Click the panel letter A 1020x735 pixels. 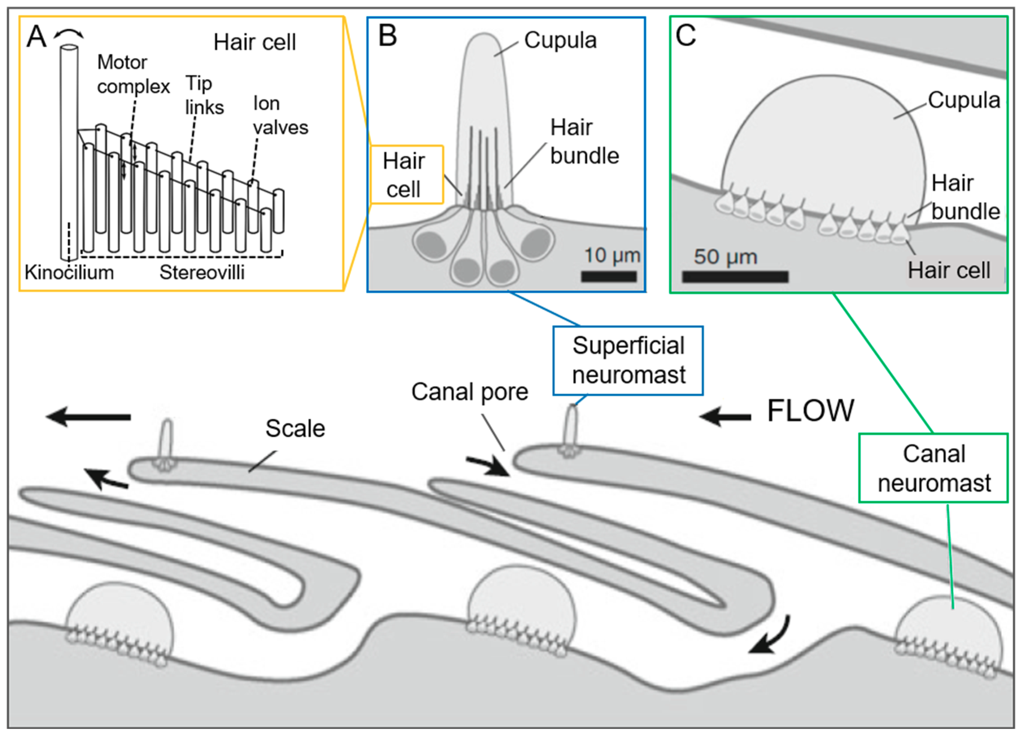(37, 37)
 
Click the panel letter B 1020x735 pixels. (388, 36)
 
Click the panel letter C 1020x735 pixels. (686, 36)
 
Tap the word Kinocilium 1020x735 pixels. (69, 272)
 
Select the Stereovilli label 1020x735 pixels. (202, 272)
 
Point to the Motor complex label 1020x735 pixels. (133, 74)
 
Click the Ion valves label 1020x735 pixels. (280, 116)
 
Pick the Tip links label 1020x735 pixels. (204, 95)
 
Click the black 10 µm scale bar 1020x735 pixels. (609, 276)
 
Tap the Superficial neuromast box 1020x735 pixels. (628, 360)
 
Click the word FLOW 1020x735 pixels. (810, 410)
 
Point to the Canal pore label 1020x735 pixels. (470, 392)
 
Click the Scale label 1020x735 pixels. (295, 428)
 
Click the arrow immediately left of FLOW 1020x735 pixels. (725, 417)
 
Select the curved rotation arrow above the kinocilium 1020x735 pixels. (69, 33)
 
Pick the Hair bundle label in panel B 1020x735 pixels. (584, 142)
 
